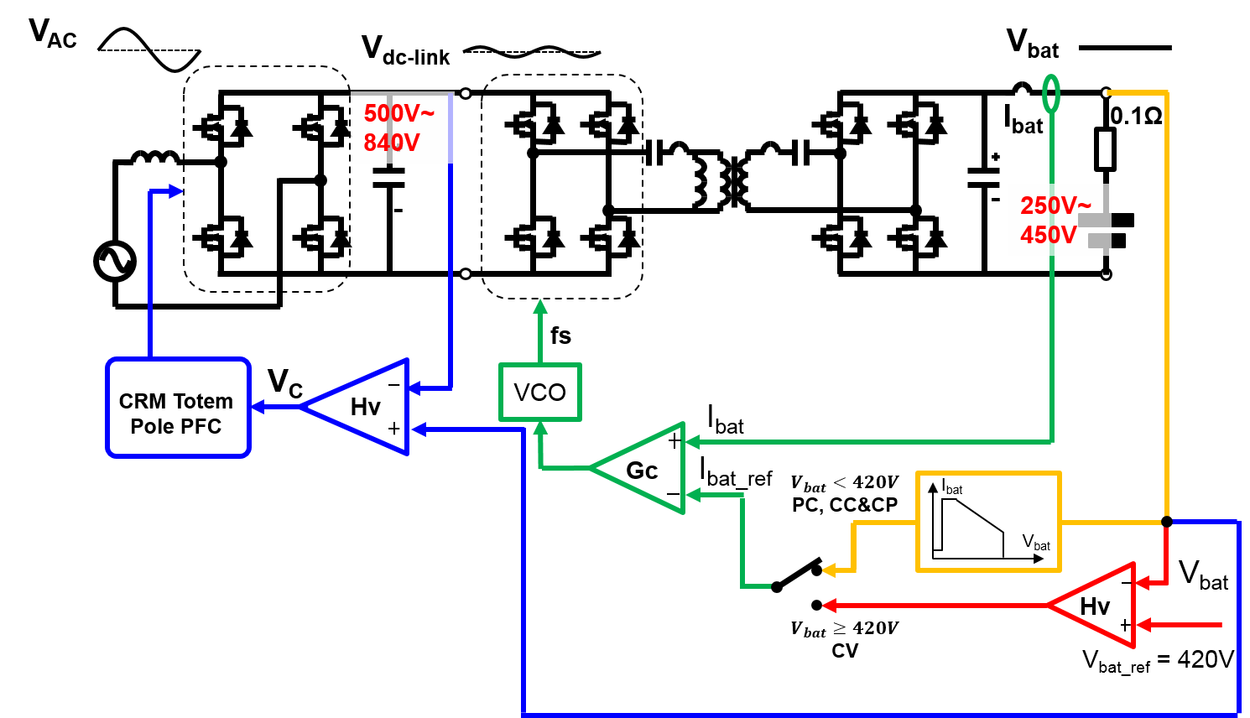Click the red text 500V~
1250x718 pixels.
coord(398,113)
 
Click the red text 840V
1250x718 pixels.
coord(391,143)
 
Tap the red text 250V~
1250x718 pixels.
coord(1055,206)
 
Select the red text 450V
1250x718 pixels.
coord(1048,235)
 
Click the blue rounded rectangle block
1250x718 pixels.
coord(178,408)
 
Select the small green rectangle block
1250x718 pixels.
coord(539,392)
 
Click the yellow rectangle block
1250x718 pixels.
coord(988,522)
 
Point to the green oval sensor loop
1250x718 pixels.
coord(1051,94)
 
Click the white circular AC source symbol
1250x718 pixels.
coord(115,261)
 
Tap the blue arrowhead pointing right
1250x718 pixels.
coord(176,191)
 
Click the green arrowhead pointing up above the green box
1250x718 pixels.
coord(540,306)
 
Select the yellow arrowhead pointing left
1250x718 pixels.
coord(829,570)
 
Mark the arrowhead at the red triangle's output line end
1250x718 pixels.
coord(829,605)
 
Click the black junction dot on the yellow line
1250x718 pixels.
coord(1166,522)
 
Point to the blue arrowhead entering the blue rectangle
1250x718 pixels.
coord(258,407)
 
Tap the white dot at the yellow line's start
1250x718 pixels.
coord(1106,93)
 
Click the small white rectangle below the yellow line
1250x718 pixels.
coord(1105,149)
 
